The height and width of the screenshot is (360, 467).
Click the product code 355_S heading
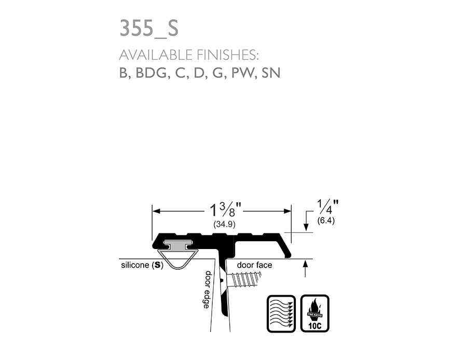(x=149, y=29)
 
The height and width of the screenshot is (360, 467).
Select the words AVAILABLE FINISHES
(x=189, y=55)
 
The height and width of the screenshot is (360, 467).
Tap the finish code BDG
(x=150, y=73)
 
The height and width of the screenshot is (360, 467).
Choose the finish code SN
(x=271, y=73)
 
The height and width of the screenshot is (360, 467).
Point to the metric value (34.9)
(x=225, y=224)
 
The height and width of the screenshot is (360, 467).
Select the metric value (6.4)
(x=326, y=220)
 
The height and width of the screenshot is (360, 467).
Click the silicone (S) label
(x=142, y=265)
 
